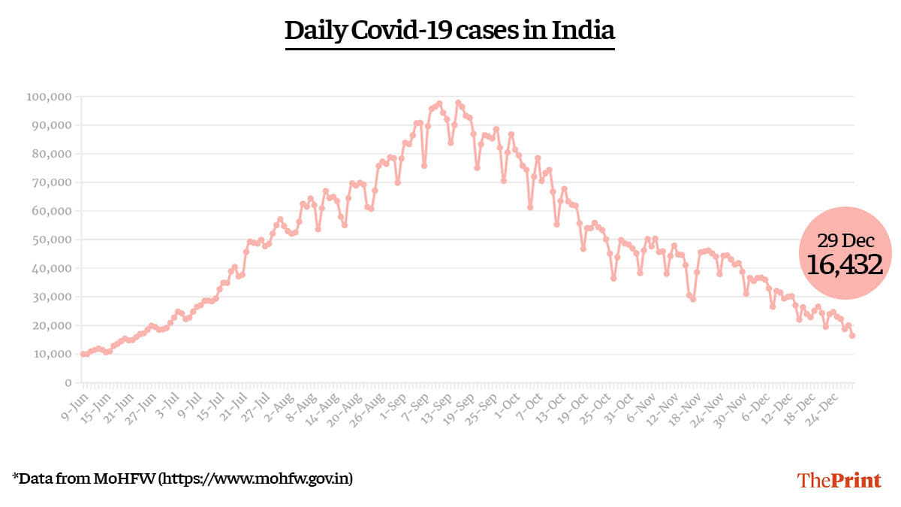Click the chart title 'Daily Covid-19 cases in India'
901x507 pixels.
click(450, 31)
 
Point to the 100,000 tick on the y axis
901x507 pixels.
click(48, 97)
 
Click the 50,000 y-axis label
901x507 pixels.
click(51, 240)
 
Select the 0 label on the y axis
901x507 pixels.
click(67, 382)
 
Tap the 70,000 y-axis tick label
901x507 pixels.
click(51, 183)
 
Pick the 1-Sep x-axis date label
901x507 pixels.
click(396, 402)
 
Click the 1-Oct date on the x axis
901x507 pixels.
click(512, 402)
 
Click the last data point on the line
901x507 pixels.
click(852, 336)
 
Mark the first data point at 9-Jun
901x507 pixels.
click(83, 354)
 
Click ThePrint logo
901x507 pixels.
click(839, 480)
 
